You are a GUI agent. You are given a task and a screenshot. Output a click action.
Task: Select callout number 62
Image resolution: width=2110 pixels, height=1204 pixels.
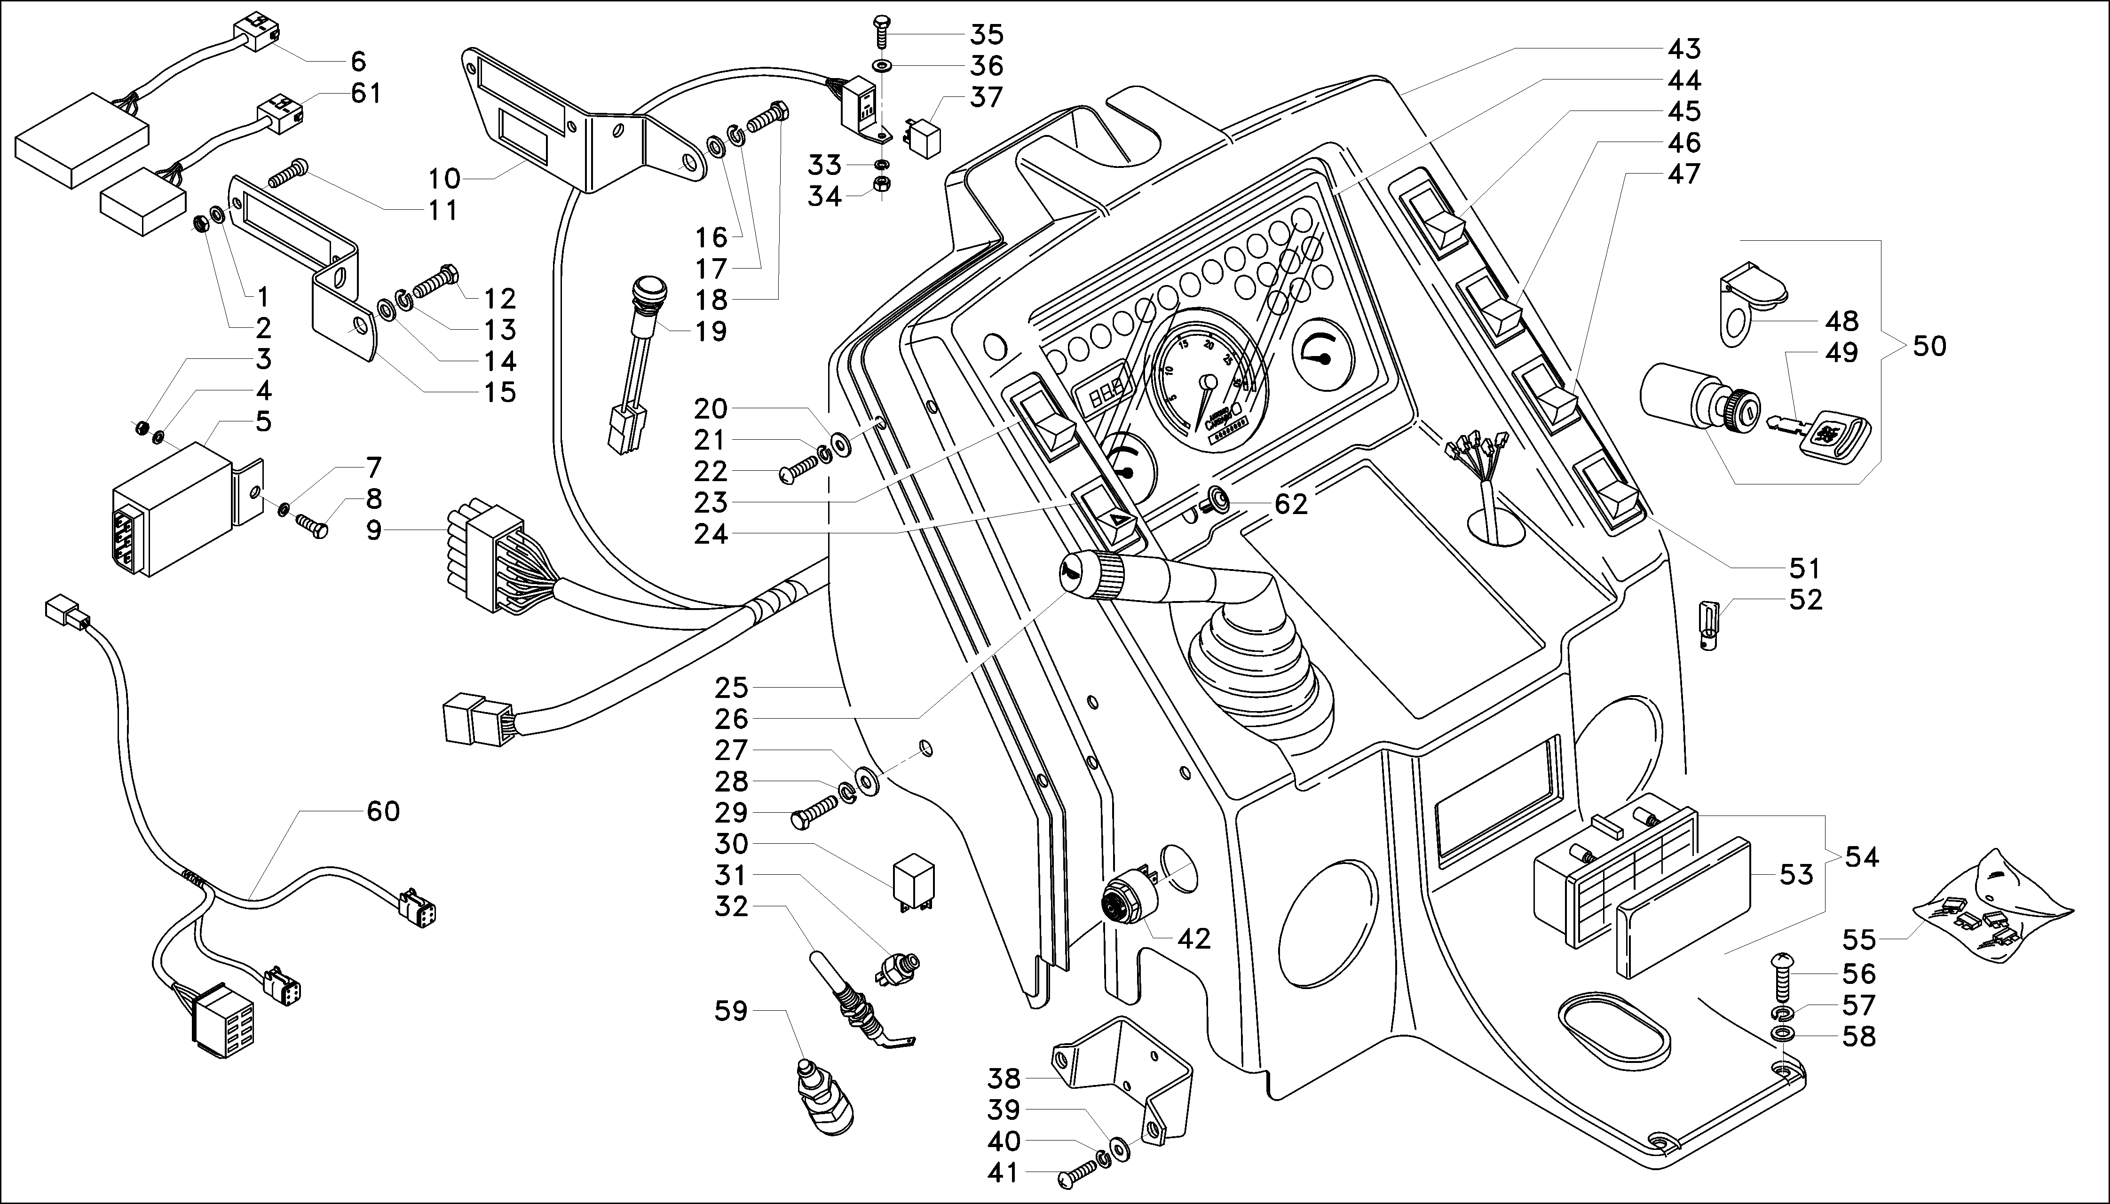(1291, 504)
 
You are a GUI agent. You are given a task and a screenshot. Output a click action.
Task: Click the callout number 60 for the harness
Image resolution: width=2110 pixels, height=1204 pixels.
(383, 811)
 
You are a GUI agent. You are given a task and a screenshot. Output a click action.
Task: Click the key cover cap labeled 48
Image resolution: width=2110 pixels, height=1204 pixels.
(1753, 295)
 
